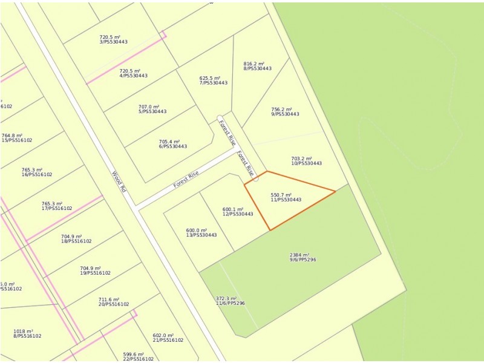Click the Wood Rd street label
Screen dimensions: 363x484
[119, 181]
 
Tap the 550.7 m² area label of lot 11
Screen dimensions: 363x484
[281, 195]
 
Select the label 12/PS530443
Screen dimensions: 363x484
[238, 214]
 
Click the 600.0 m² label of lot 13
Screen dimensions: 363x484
[196, 231]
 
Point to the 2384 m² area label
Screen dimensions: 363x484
[299, 255]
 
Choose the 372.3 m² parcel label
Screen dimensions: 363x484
[226, 298]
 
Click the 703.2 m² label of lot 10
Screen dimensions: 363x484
[301, 159]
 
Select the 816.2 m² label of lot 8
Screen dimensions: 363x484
[253, 64]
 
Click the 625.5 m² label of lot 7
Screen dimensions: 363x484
[209, 78]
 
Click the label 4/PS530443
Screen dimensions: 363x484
[133, 76]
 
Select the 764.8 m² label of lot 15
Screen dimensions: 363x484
[12, 136]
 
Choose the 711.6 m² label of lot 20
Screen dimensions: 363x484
[109, 299]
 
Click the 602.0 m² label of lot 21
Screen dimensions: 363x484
[163, 335]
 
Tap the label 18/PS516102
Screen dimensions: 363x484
[76, 241]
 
